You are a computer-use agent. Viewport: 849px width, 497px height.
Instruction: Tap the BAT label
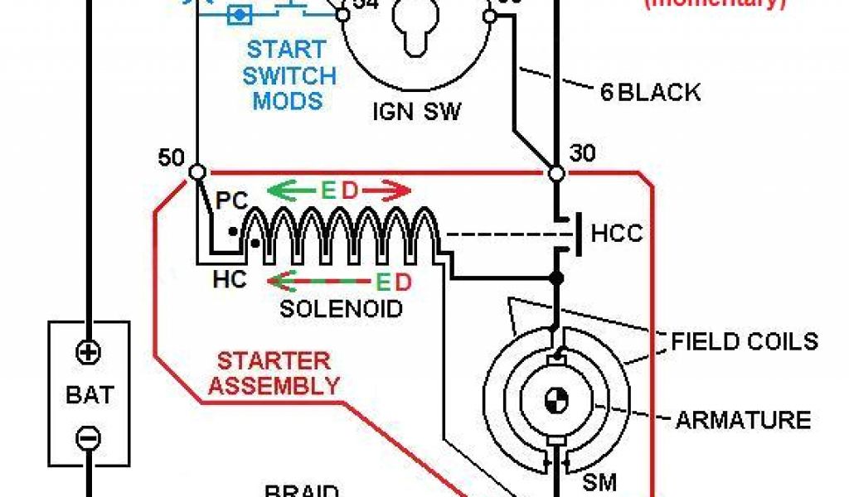(x=88, y=394)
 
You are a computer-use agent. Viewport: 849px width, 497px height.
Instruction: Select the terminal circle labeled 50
(x=197, y=172)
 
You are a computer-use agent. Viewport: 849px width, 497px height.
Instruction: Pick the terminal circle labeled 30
(x=556, y=173)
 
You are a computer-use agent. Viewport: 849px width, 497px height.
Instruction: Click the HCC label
(x=616, y=234)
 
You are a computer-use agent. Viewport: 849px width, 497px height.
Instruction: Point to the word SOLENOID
(x=341, y=310)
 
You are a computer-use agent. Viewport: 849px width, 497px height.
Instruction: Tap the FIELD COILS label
(x=745, y=341)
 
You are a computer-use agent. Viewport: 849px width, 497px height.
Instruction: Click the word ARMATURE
(x=743, y=420)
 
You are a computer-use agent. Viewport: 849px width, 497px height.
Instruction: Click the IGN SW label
(x=415, y=111)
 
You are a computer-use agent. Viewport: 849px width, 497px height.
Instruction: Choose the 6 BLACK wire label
(x=650, y=92)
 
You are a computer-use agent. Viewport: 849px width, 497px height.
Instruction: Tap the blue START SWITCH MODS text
(x=289, y=76)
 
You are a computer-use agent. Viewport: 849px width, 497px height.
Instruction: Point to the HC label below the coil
(x=229, y=280)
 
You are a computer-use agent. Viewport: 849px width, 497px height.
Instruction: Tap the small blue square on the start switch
(x=240, y=14)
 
